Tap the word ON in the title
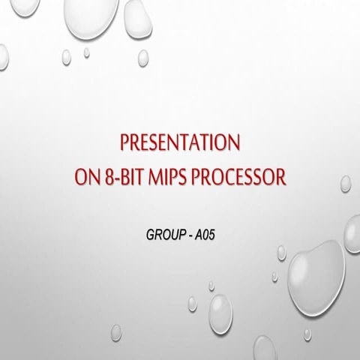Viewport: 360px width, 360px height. [x=85, y=178]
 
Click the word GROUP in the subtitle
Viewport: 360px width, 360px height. [x=163, y=235]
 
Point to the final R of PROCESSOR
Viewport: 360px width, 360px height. [x=283, y=178]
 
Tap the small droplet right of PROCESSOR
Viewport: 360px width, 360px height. [x=346, y=183]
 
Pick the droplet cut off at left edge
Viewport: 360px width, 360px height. [x=3, y=56]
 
